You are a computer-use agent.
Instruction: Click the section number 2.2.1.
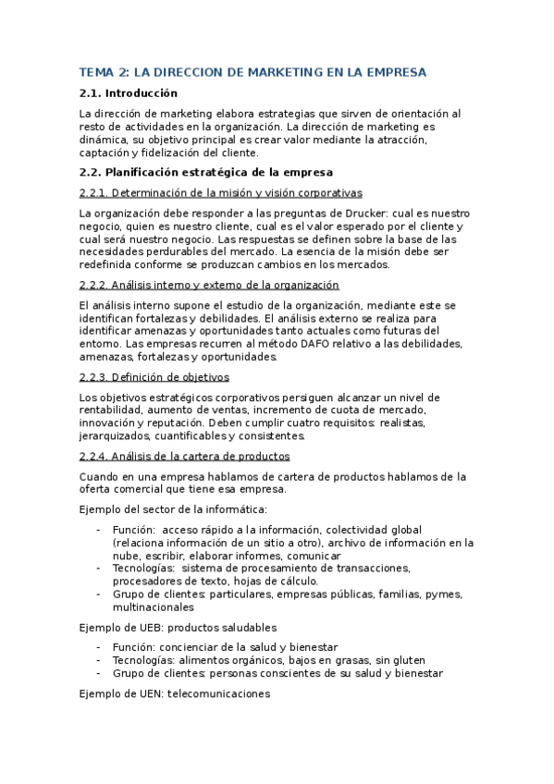pyautogui.click(x=94, y=192)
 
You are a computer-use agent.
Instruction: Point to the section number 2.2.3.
pyautogui.click(x=94, y=377)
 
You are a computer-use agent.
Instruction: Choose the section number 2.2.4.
pyautogui.click(x=94, y=456)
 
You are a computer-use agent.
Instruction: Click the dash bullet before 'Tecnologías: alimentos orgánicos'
pyautogui.click(x=99, y=660)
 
